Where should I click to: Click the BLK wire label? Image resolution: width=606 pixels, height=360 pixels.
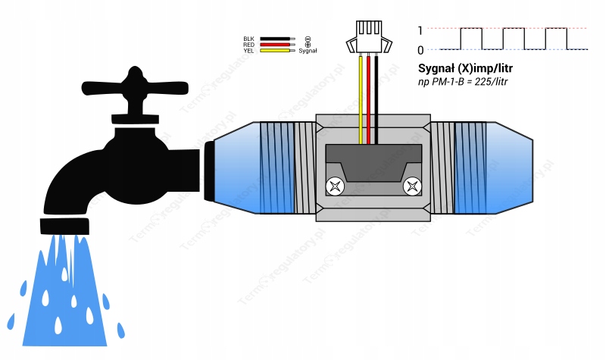(248, 39)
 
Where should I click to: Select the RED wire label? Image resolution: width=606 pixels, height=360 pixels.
(248, 45)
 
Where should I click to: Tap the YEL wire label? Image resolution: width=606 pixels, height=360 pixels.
(248, 51)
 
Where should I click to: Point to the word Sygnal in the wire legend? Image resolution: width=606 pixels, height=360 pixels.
(308, 51)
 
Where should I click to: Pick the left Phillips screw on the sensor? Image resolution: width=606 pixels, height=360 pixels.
(333, 184)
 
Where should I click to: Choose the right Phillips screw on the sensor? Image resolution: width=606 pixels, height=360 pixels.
(413, 184)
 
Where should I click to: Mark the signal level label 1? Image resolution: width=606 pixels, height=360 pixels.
(420, 31)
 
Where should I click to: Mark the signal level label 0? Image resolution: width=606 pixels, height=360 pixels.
(420, 50)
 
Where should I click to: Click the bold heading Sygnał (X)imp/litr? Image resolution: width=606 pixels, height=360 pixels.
(470, 67)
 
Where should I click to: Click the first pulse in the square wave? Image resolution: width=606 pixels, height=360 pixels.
(471, 38)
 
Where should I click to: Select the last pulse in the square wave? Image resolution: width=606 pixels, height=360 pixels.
(555, 38)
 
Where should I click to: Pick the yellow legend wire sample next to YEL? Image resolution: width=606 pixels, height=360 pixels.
(276, 51)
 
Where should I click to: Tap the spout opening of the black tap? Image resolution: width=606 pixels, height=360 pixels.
(64, 225)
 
